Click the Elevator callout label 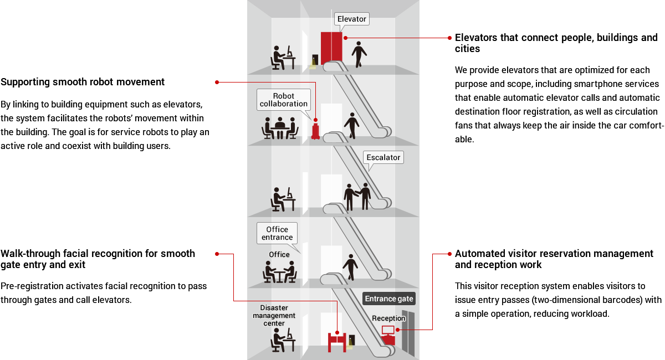tap(352, 19)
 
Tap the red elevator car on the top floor tap(331, 48)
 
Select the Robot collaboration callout tap(283, 100)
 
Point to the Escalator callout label tap(383, 157)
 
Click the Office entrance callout tap(277, 233)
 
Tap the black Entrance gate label tap(389, 299)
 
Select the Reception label tap(388, 318)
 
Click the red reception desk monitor tap(388, 330)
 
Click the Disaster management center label tap(274, 315)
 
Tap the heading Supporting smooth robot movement tap(83, 82)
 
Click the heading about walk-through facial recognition tap(98, 259)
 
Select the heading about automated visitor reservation tap(554, 259)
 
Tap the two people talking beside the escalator tap(357, 196)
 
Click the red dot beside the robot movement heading tap(217, 82)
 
